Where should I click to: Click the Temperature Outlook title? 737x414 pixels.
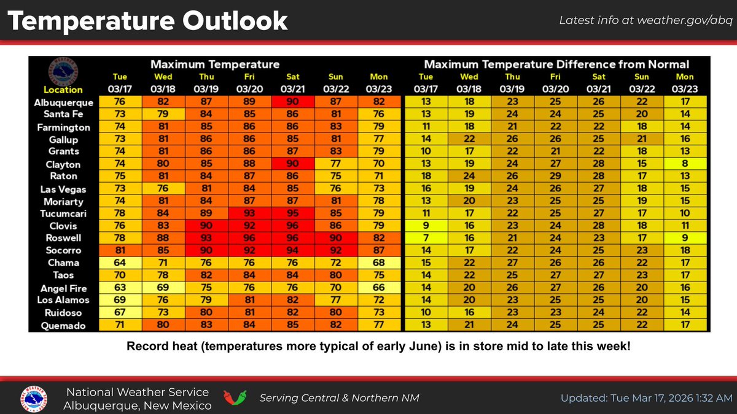click(x=147, y=21)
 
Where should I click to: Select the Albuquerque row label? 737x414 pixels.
click(x=63, y=102)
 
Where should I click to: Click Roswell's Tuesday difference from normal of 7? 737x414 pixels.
click(x=426, y=238)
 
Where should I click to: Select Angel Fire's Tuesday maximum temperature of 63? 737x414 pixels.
click(x=119, y=288)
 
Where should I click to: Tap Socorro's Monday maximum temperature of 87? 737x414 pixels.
click(x=379, y=250)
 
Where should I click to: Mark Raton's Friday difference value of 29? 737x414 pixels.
click(x=555, y=177)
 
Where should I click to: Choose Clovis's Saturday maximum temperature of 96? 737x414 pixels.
click(x=292, y=226)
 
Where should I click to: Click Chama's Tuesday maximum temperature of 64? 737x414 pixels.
click(x=119, y=263)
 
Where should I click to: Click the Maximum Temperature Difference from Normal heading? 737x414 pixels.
click(x=556, y=64)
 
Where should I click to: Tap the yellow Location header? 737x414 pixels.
click(x=63, y=90)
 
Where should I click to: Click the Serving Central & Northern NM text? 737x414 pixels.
click(x=339, y=398)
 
